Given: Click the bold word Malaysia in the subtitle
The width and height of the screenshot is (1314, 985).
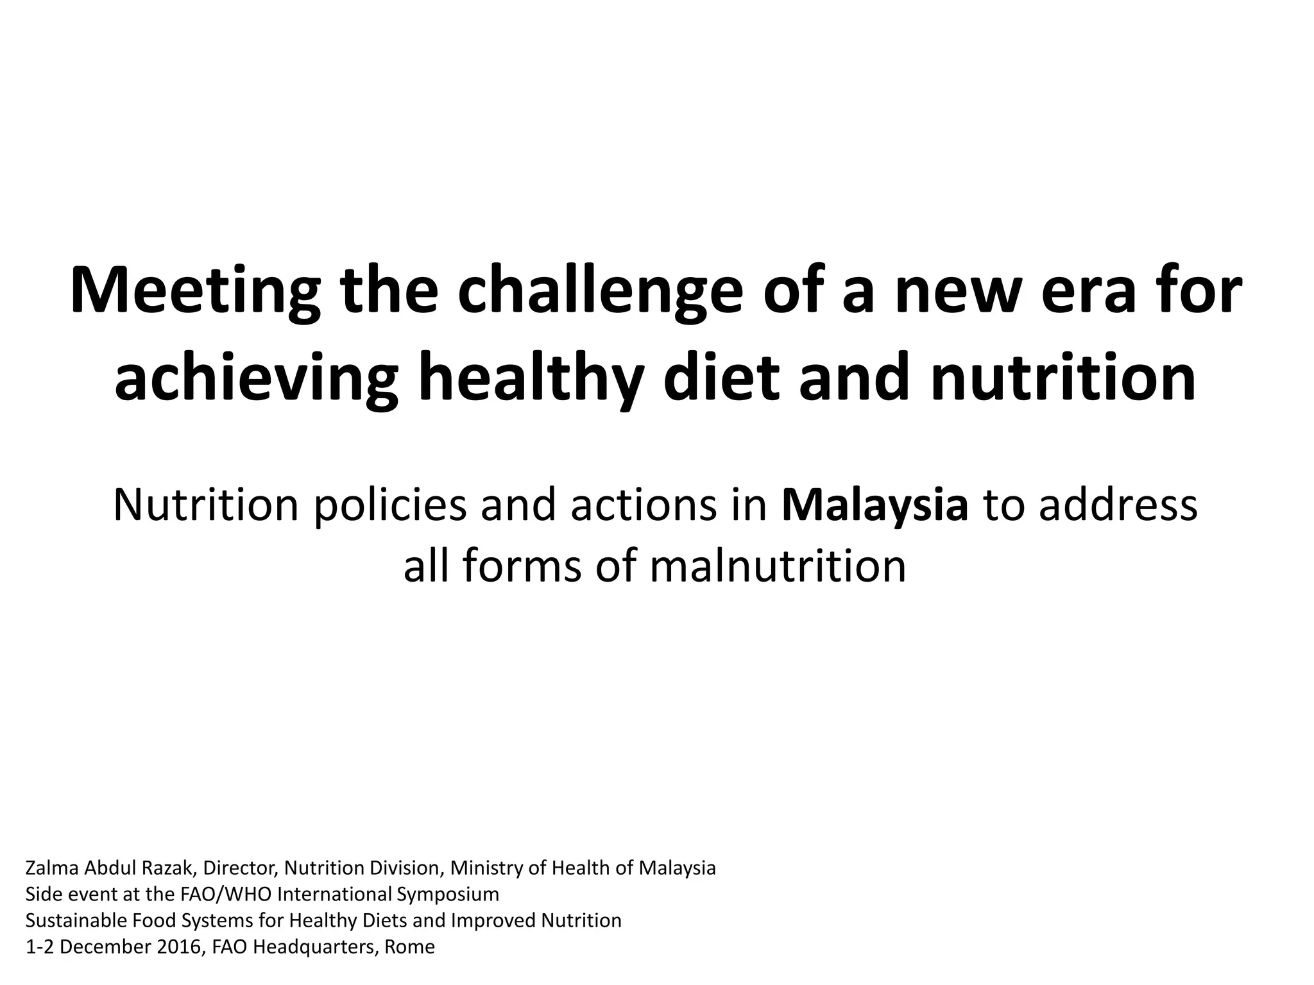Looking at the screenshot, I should click(875, 504).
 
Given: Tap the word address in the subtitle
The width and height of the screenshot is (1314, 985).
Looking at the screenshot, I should click(1117, 504).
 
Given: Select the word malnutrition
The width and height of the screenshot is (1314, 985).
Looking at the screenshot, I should click(778, 566).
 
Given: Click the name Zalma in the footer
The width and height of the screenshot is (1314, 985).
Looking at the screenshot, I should click(53, 868).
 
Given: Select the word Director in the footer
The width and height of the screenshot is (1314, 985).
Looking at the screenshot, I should click(241, 868).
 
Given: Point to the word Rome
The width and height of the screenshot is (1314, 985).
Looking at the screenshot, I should click(409, 947).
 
